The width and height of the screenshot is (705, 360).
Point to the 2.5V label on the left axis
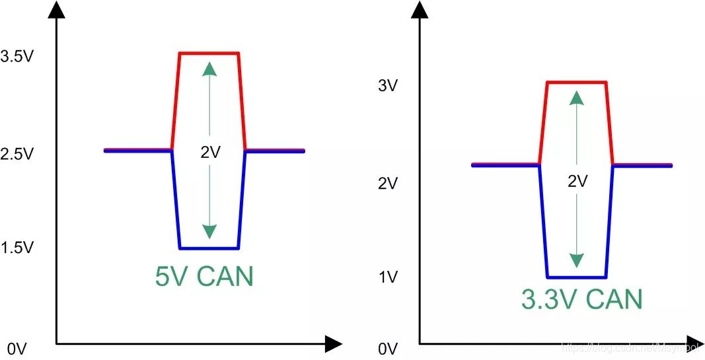tap(17, 154)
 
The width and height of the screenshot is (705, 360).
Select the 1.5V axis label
tap(17, 248)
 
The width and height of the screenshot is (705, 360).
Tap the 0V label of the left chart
tap(17, 349)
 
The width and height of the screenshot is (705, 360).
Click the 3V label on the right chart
tap(387, 86)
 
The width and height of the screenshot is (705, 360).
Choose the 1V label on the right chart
tap(387, 278)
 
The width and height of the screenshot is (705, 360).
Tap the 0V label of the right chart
tap(387, 349)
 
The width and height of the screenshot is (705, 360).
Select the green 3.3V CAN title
tap(581, 299)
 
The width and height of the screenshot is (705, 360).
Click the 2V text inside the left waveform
tap(210, 153)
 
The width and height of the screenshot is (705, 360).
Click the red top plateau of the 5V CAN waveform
tap(209, 53)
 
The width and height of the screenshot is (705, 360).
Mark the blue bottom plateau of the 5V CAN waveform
tap(209, 248)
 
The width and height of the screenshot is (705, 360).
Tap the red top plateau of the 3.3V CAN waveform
tap(576, 82)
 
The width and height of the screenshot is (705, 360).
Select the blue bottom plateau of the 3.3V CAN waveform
tap(576, 277)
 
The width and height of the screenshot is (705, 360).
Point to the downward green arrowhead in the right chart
tap(577, 261)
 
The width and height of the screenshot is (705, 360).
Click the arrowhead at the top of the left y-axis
tap(58, 9)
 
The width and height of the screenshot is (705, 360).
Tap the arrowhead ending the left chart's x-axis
tap(334, 343)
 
